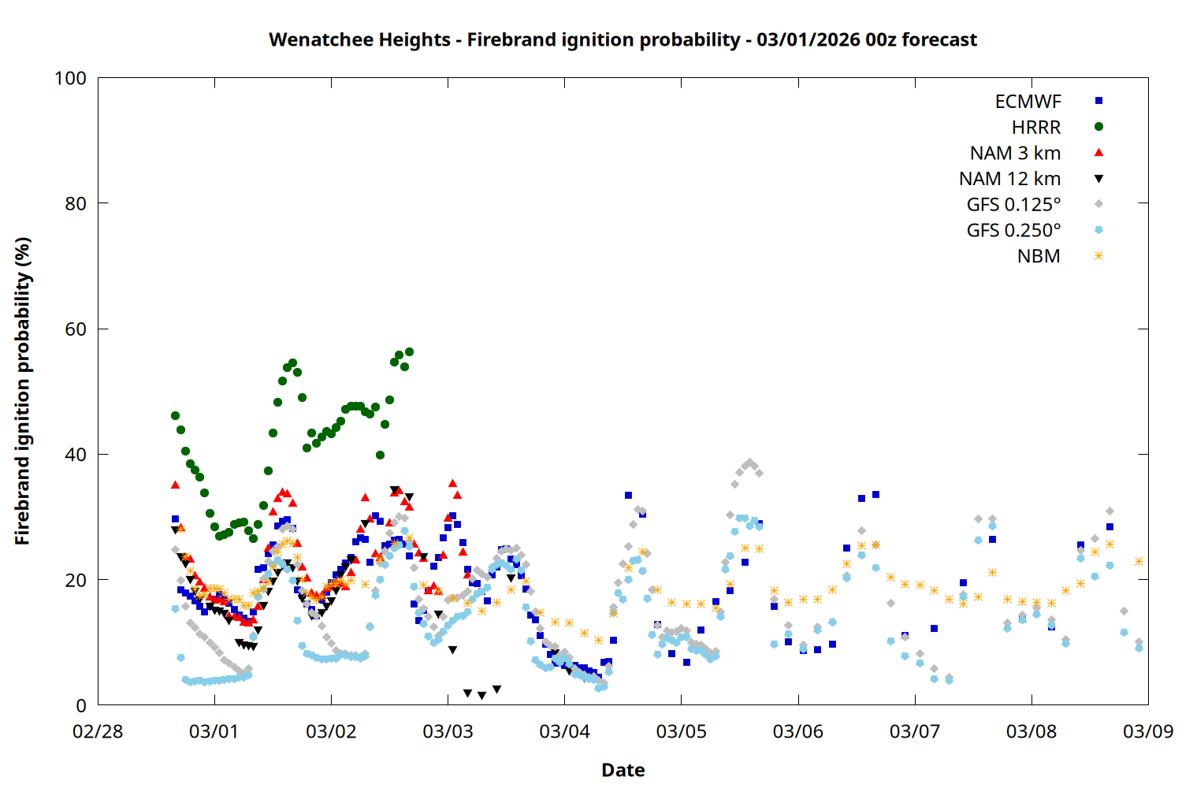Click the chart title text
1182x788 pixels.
click(x=623, y=39)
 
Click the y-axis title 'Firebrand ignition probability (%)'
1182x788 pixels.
click(x=23, y=391)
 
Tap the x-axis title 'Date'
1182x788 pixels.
click(x=623, y=770)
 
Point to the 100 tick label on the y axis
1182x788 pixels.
click(x=70, y=78)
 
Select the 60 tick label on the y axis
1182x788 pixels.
click(x=76, y=329)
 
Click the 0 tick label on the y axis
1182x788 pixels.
click(x=81, y=705)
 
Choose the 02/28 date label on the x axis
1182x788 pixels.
click(x=98, y=731)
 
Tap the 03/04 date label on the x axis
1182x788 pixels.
click(x=564, y=731)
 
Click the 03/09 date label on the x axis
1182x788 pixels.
click(x=1148, y=731)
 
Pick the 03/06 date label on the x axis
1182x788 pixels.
click(x=798, y=731)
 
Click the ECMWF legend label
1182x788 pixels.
click(x=1028, y=102)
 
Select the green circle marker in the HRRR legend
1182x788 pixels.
click(x=1098, y=127)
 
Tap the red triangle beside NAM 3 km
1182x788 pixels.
click(x=1098, y=152)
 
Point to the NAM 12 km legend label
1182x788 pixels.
click(x=1009, y=179)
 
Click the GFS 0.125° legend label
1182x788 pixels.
click(x=1013, y=205)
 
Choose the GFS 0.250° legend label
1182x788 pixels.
click(x=1013, y=231)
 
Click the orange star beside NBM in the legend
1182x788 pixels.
click(x=1098, y=256)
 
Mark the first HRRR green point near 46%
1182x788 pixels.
click(x=175, y=415)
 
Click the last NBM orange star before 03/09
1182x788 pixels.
click(x=1139, y=561)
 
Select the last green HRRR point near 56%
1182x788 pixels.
click(x=409, y=352)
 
